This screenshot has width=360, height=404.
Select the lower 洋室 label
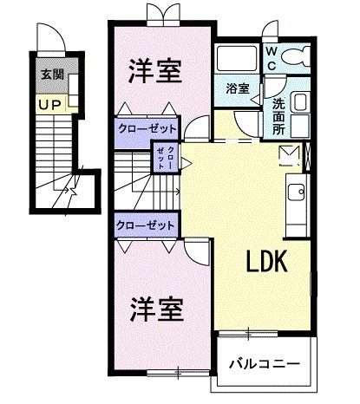pyautogui.click(x=156, y=307)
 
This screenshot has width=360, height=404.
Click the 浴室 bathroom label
pyautogui.click(x=238, y=88)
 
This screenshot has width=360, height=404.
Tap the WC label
pyautogui.click(x=271, y=58)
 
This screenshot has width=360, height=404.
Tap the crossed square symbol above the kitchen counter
pyautogui.click(x=288, y=155)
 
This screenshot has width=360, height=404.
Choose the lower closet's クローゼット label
pyautogui.click(x=147, y=224)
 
